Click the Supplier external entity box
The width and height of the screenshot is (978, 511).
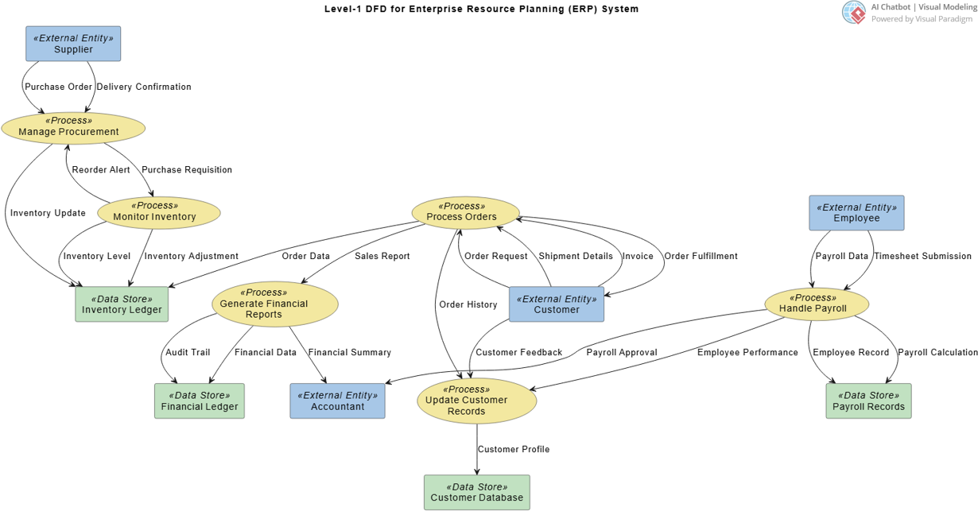pyautogui.click(x=73, y=44)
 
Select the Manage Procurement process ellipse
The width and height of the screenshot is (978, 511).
pyautogui.click(x=73, y=127)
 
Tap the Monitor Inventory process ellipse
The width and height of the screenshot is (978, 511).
pyautogui.click(x=158, y=212)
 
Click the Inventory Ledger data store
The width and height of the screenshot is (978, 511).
pyautogui.click(x=122, y=304)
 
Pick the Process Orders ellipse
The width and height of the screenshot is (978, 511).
pyautogui.click(x=465, y=212)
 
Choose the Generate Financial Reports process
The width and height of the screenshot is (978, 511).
pyautogui.click(x=275, y=304)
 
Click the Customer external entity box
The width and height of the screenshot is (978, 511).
pyautogui.click(x=556, y=304)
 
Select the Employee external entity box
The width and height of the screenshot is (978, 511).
pyautogui.click(x=856, y=213)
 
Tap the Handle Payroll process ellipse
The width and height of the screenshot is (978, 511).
pyautogui.click(x=817, y=304)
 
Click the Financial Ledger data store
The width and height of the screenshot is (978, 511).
pyautogui.click(x=200, y=401)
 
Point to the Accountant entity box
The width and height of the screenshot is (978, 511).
pyautogui.click(x=337, y=401)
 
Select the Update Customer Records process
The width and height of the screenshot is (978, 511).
pyautogui.click(x=476, y=401)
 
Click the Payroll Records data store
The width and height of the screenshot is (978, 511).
pyautogui.click(x=868, y=401)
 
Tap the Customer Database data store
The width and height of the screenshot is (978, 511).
pyautogui.click(x=476, y=493)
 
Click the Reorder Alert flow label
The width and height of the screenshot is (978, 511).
pyautogui.click(x=101, y=170)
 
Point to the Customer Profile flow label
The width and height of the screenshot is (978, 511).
pyautogui.click(x=514, y=450)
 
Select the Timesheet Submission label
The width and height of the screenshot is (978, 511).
pyautogui.click(x=922, y=257)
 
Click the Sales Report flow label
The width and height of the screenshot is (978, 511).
pyautogui.click(x=382, y=257)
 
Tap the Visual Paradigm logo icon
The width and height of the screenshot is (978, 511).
pyautogui.click(x=854, y=12)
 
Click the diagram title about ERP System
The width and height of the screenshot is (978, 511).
pyautogui.click(x=481, y=10)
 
